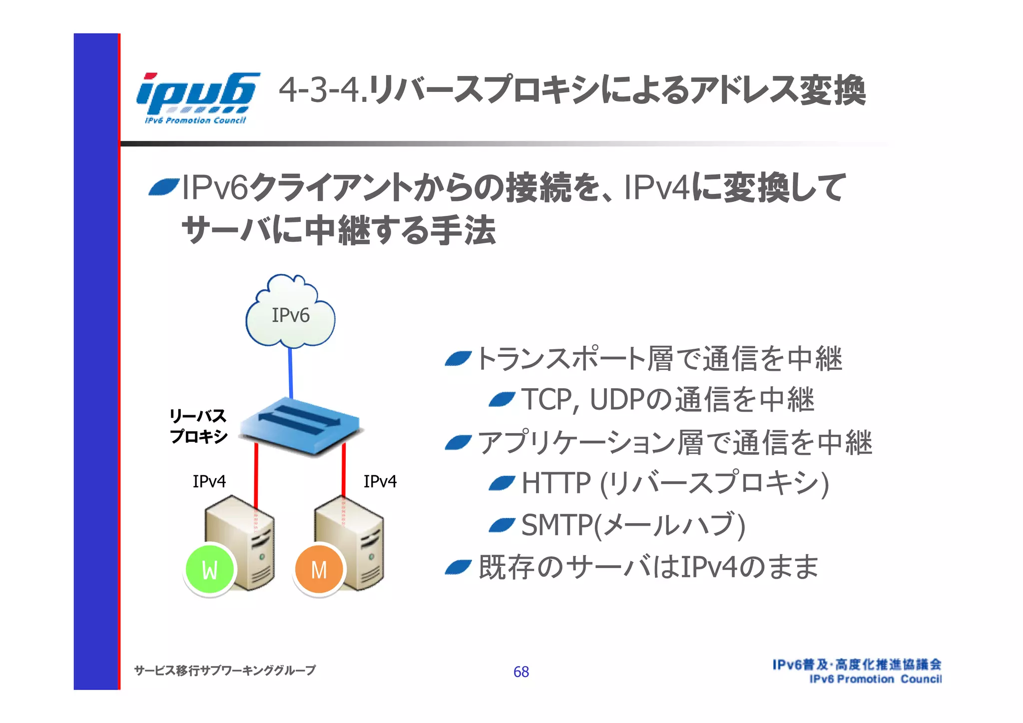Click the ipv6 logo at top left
[198, 97]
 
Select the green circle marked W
[210, 569]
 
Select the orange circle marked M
[319, 569]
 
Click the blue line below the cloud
[290, 372]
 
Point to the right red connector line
[344, 470]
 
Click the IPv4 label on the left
[209, 481]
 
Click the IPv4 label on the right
[380, 481]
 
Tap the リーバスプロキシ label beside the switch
[198, 426]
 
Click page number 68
[521, 672]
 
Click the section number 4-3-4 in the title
[320, 90]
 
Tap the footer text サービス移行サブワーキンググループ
[225, 670]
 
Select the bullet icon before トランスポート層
[458, 358]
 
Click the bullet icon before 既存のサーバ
[458, 567]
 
